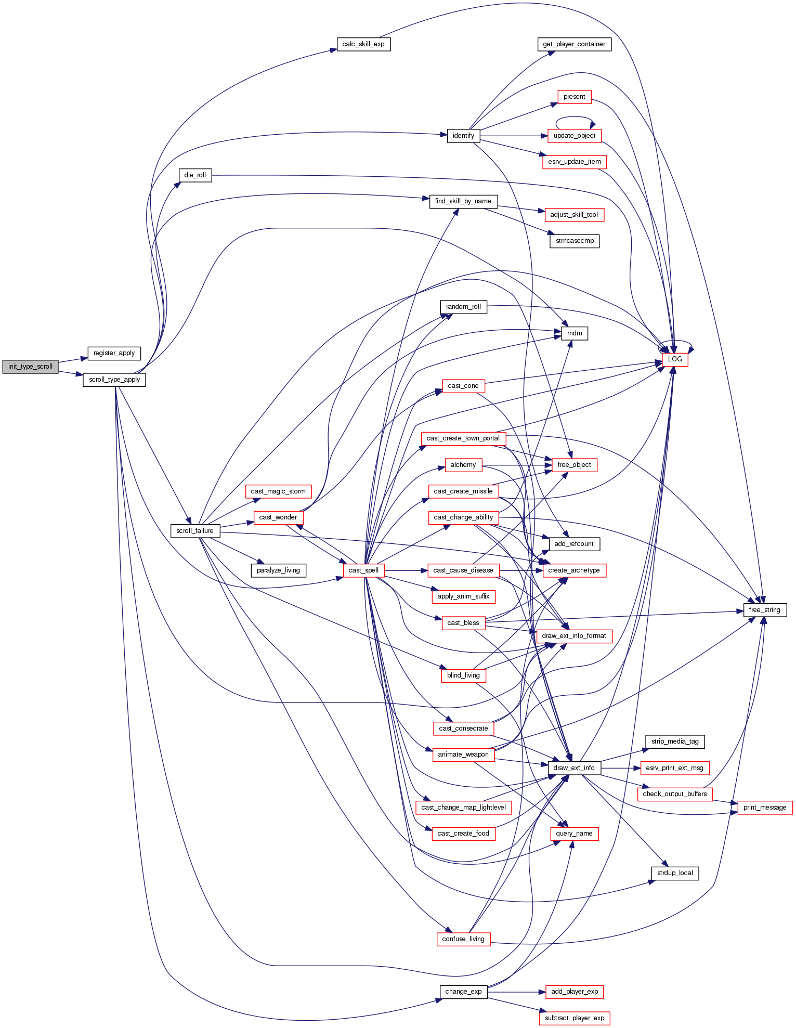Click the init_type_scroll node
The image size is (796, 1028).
(30, 367)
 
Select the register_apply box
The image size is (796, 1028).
(114, 353)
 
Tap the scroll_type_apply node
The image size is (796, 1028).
(114, 380)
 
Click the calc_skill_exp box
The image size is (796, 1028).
(363, 44)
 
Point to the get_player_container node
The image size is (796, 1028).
(574, 44)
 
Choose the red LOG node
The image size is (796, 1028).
(675, 359)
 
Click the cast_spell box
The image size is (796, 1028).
(363, 570)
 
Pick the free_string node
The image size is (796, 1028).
(764, 610)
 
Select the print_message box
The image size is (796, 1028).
(764, 808)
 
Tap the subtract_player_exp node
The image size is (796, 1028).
(574, 1018)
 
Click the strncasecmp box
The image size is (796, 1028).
(575, 241)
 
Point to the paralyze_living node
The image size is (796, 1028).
(278, 570)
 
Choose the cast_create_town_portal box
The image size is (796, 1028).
(463, 438)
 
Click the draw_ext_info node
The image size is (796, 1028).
(574, 768)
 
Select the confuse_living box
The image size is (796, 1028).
(463, 939)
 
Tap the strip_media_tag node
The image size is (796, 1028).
(675, 741)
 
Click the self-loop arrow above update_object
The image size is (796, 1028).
(574, 118)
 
